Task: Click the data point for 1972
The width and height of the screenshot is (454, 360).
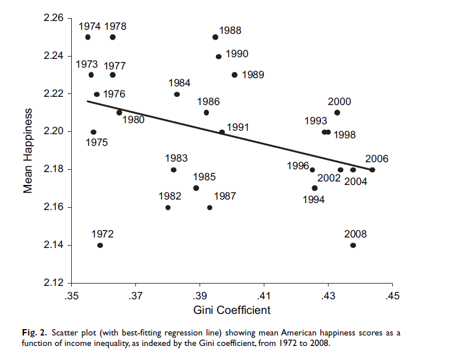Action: pyautogui.click(x=100, y=245)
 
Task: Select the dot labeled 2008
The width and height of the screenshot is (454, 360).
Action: pyautogui.click(x=353, y=245)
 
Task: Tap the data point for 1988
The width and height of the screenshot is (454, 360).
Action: pyautogui.click(x=215, y=37)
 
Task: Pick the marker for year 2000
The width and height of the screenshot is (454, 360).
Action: pyautogui.click(x=337, y=113)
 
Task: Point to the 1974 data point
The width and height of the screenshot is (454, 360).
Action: pyautogui.click(x=88, y=37)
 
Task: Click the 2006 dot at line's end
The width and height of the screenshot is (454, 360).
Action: pyautogui.click(x=372, y=170)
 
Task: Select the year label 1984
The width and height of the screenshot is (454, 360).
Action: pyautogui.click(x=179, y=83)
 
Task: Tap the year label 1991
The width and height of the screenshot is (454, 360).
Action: pyautogui.click(x=238, y=127)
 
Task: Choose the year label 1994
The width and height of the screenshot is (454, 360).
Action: pyautogui.click(x=313, y=200)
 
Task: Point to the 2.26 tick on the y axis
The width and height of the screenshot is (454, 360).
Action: pyautogui.click(x=54, y=19)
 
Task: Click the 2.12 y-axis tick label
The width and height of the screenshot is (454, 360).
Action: pyautogui.click(x=54, y=283)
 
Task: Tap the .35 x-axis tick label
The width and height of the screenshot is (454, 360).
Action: pyautogui.click(x=71, y=296)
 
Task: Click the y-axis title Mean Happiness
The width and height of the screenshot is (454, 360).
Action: pyautogui.click(x=27, y=150)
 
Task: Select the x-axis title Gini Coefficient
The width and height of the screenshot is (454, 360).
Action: pyautogui.click(x=232, y=310)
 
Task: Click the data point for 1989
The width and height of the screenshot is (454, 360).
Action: pyautogui.click(x=235, y=75)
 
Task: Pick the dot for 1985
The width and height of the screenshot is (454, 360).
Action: pyautogui.click(x=196, y=188)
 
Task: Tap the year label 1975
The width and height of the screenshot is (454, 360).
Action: pyautogui.click(x=96, y=142)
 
